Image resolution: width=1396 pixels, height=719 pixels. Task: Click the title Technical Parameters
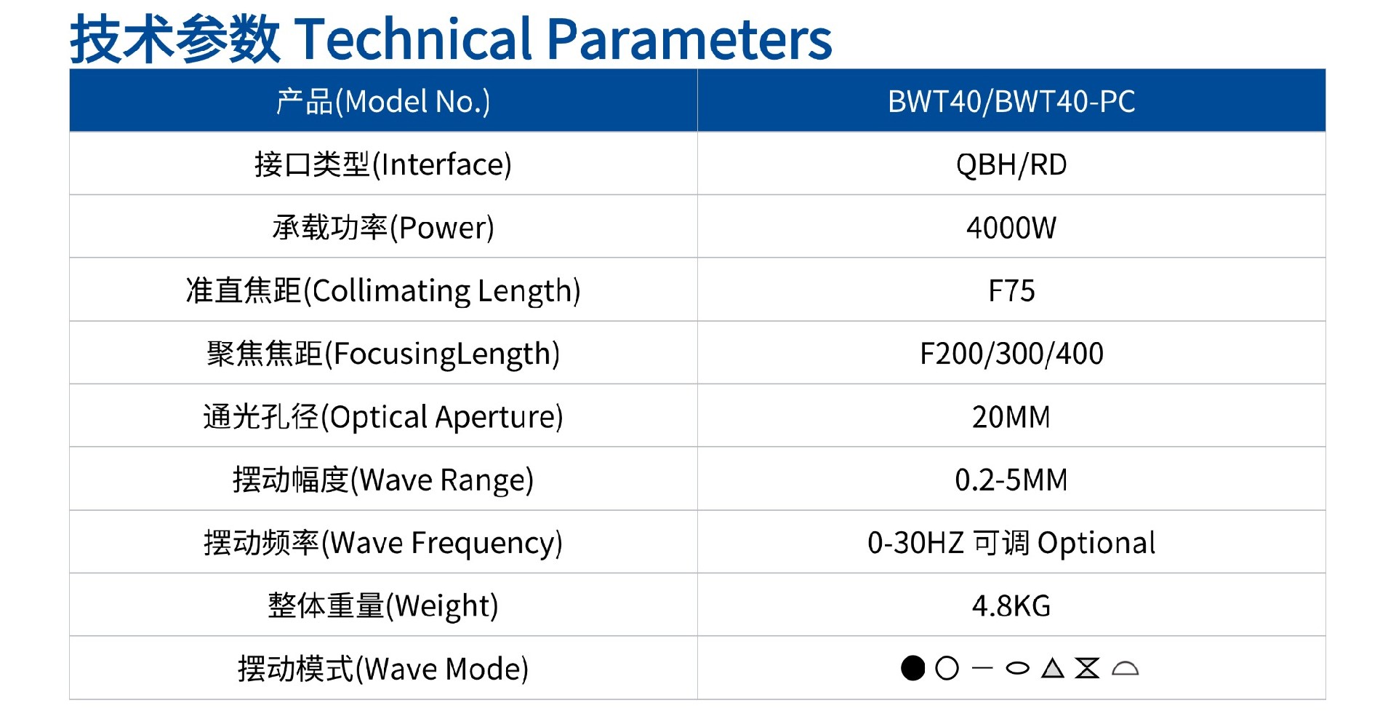pos(451,38)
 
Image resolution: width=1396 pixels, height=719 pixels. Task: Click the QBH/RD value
pos(1011,164)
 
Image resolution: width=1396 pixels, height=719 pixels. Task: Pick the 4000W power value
pos(1011,228)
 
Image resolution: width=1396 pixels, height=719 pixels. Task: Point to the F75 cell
pos(1011,291)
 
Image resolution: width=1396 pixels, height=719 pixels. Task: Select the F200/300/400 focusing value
pos(1011,354)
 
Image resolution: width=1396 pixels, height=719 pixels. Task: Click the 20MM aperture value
pos(1011,417)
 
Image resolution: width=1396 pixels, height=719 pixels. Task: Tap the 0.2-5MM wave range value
pos(1011,480)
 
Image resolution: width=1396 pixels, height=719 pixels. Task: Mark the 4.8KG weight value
pos(1011,605)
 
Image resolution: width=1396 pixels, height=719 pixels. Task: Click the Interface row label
pos(383,164)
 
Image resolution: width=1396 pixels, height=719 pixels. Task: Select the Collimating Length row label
pos(383,291)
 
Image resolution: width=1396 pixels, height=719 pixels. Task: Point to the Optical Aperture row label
pos(383,417)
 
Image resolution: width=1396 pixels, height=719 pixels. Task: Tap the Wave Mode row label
pos(383,669)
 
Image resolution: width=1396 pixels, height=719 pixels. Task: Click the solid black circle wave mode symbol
pos(912,668)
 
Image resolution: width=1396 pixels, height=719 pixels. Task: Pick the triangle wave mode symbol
pos(1052,668)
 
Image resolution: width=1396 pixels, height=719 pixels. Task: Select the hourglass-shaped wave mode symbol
pos(1087,668)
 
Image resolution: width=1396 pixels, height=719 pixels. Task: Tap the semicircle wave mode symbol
pos(1125,669)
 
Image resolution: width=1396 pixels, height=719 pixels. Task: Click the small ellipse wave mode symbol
pos(1017,668)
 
